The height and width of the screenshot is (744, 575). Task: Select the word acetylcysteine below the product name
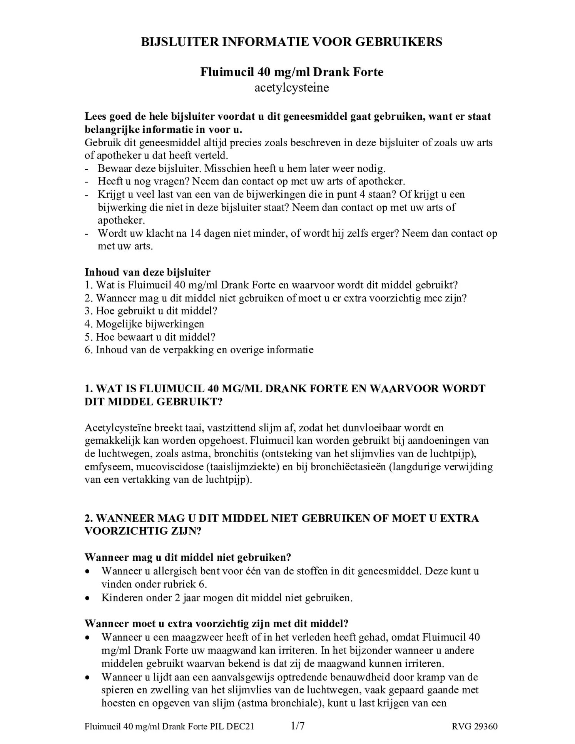click(x=291, y=87)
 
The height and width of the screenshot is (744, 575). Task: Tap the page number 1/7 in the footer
click(x=298, y=726)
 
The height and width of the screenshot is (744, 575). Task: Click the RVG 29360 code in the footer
click(x=475, y=726)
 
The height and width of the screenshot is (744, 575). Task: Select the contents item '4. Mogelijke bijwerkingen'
click(x=144, y=324)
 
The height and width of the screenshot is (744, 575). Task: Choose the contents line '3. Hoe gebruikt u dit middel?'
click(x=151, y=311)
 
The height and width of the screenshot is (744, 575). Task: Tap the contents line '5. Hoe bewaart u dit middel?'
click(x=150, y=337)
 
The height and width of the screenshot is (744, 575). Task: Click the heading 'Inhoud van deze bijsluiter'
click(x=147, y=272)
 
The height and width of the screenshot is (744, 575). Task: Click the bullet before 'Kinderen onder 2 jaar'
click(x=88, y=598)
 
